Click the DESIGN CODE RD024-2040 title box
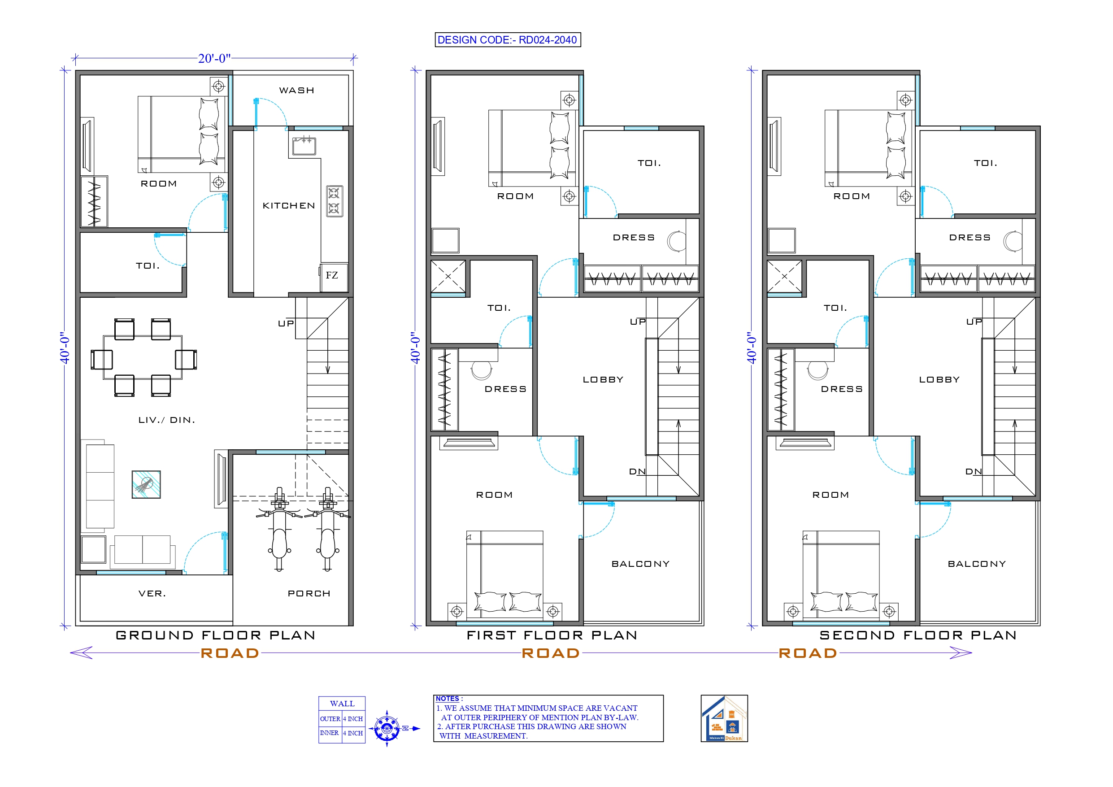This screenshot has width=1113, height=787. tap(507, 40)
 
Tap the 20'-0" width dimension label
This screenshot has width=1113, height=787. tap(214, 58)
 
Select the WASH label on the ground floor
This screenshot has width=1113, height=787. tap(297, 90)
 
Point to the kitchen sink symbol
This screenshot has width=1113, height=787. tap(304, 146)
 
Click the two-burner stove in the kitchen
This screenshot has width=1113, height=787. tap(334, 201)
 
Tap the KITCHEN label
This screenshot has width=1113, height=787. tap(288, 205)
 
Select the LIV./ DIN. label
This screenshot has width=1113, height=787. tap(167, 420)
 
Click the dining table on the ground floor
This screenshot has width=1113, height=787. tap(143, 358)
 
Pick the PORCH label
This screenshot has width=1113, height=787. tap(309, 594)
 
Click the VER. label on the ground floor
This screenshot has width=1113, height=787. tap(152, 594)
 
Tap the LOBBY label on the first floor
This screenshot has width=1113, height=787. tap(603, 380)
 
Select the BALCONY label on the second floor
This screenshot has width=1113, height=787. tap(977, 564)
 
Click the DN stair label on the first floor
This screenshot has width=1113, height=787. tap(637, 471)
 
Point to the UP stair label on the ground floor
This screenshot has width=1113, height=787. tap(286, 323)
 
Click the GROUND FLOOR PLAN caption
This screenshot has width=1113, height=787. tap(216, 635)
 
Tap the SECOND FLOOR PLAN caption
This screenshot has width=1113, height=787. tap(917, 635)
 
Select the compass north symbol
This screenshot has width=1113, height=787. tap(387, 728)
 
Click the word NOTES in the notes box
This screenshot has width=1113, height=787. tap(447, 699)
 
